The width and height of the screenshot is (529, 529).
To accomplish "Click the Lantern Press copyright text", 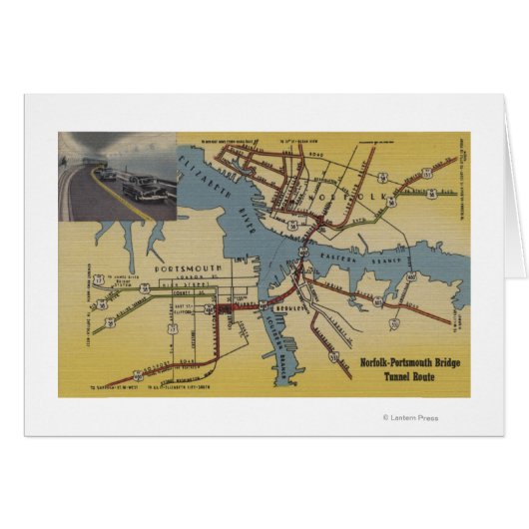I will tap(410, 418).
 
